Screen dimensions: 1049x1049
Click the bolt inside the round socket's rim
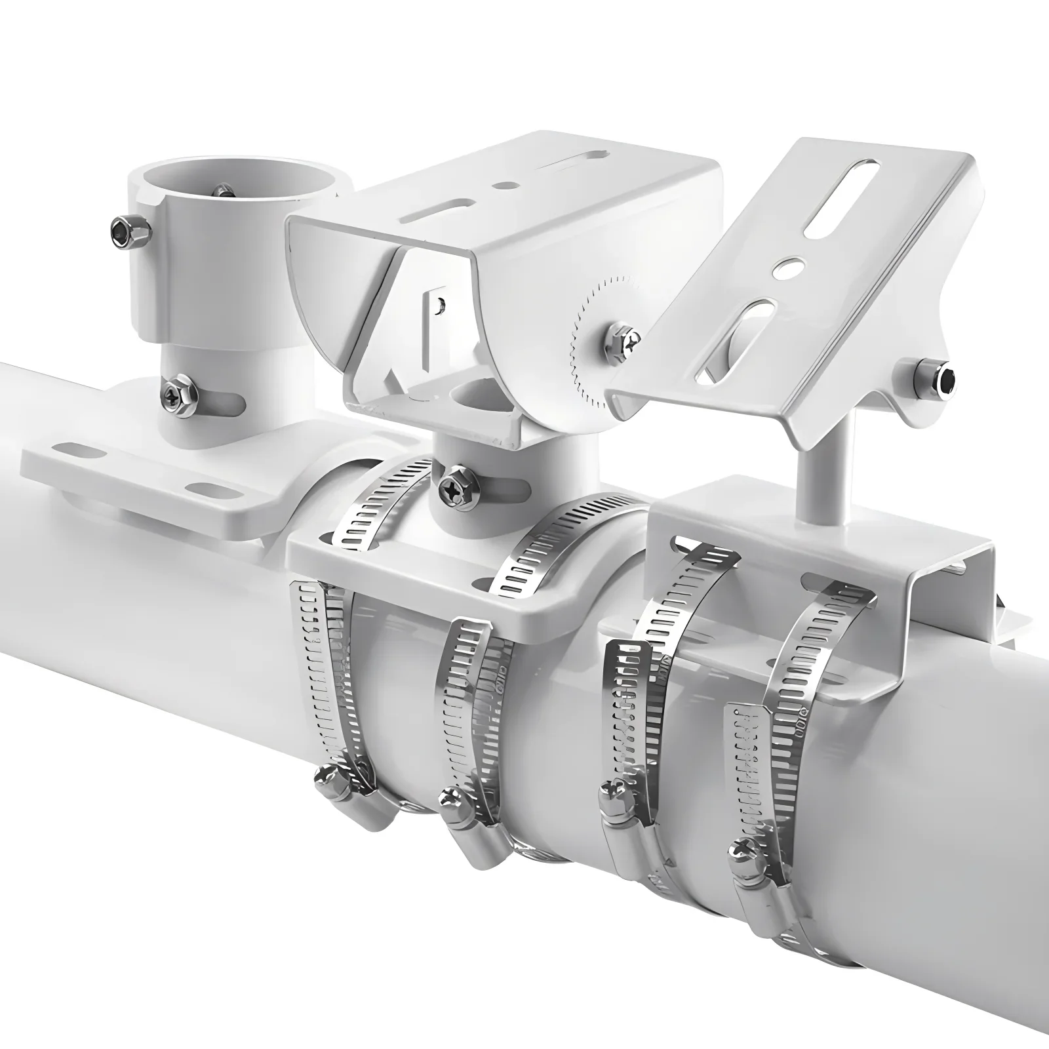pos(223,191)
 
